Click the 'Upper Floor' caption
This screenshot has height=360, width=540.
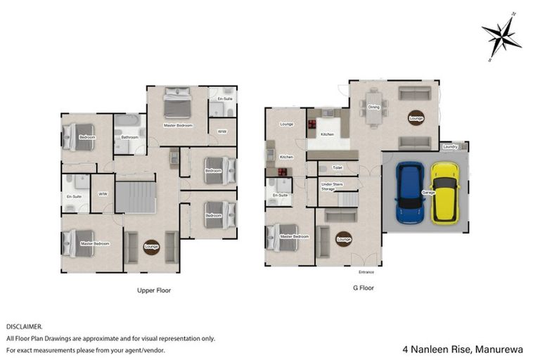point(153,290)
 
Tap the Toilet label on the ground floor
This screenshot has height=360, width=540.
point(337,168)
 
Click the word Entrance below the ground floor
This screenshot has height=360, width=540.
point(366,271)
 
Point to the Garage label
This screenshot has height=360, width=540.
point(427,191)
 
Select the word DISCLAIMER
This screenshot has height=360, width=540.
point(25,327)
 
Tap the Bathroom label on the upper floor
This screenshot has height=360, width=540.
point(129,137)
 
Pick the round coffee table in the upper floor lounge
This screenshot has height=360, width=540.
point(151,246)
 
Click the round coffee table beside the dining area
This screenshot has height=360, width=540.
point(416,119)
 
